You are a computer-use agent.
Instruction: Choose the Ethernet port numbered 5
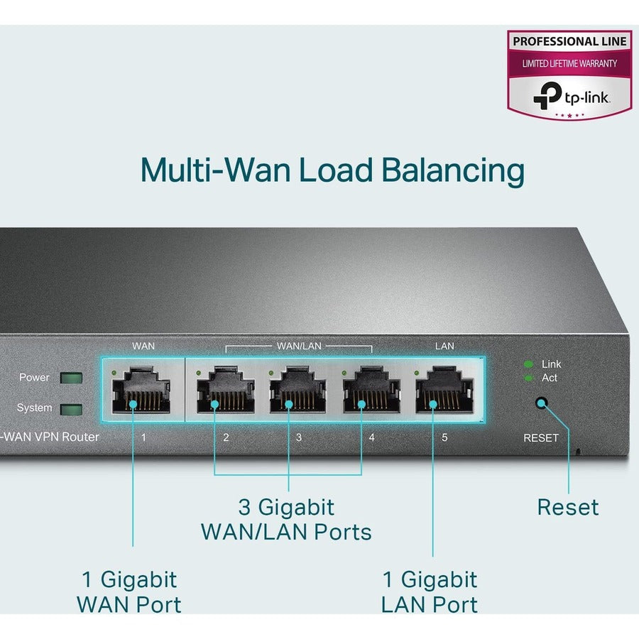click(444, 393)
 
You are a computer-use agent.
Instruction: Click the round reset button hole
click(541, 403)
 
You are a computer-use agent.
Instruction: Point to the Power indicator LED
click(71, 378)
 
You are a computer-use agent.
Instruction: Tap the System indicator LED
click(71, 409)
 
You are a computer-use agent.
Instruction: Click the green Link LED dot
click(528, 364)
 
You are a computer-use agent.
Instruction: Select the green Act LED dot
click(528, 378)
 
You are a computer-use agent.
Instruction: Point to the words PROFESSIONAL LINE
click(569, 41)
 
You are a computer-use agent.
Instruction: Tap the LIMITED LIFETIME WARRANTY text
click(569, 63)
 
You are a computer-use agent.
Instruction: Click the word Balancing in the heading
click(452, 171)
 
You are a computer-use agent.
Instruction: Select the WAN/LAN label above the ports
click(298, 346)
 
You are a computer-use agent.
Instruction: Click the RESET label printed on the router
click(541, 437)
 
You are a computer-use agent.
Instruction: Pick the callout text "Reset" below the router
click(567, 507)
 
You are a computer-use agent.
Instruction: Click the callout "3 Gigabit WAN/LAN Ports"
click(286, 519)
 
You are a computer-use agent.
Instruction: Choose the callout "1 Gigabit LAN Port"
click(430, 591)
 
